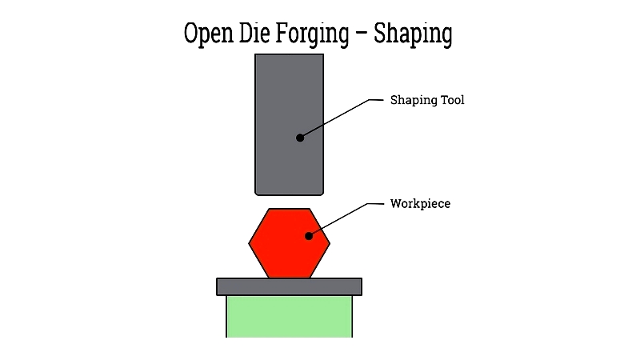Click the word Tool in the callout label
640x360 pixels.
(x=450, y=101)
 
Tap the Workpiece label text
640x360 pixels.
(x=420, y=204)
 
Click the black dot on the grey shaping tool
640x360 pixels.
(x=300, y=138)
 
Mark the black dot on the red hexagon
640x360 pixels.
(x=308, y=235)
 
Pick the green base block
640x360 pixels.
(x=289, y=316)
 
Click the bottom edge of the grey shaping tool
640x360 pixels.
(x=289, y=194)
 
